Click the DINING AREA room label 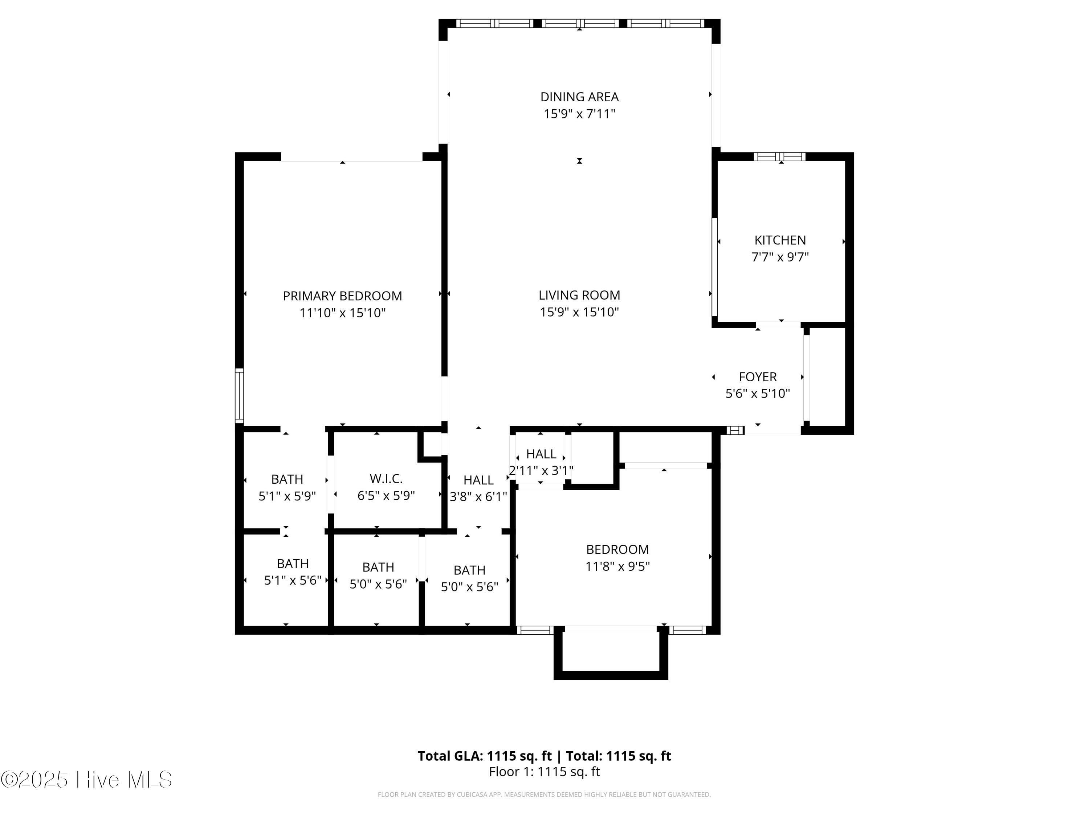tap(579, 97)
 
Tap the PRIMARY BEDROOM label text tap(342, 296)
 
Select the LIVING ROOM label tap(579, 295)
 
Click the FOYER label tap(758, 377)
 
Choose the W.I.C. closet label tap(386, 479)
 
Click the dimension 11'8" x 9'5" tap(617, 566)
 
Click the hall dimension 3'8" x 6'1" tap(478, 497)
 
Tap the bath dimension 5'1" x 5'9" tap(287, 496)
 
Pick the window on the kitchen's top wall tap(780, 157)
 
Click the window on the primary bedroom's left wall tap(239, 395)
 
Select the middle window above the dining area tap(580, 23)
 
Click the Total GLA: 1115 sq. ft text tap(485, 756)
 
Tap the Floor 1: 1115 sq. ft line tap(544, 772)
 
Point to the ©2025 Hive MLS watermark tap(87, 780)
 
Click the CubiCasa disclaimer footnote tap(544, 794)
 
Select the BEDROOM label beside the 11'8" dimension tap(617, 550)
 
